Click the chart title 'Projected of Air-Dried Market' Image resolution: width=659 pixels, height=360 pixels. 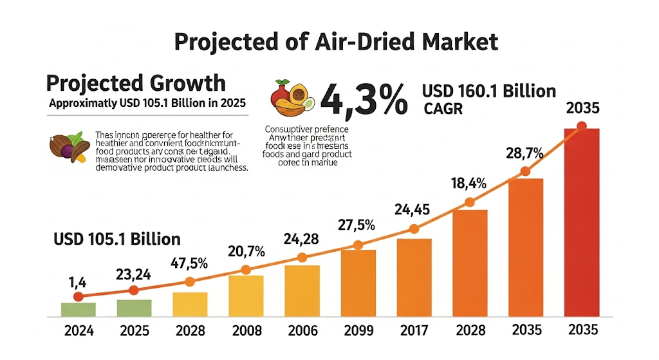[336, 42]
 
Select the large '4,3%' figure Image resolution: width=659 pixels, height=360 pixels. [364, 99]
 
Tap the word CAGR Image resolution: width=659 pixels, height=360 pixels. [443, 109]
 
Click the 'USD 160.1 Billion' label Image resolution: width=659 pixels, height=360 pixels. [489, 91]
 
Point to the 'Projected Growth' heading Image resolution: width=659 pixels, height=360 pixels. [136, 83]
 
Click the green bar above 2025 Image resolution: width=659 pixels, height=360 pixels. [134, 308]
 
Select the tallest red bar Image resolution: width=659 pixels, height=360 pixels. [581, 222]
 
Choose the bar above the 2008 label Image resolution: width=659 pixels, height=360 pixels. [246, 296]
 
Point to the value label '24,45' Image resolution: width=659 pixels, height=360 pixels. [413, 209]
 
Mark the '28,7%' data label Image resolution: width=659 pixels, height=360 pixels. [524, 153]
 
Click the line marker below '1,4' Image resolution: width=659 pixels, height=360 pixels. [79, 297]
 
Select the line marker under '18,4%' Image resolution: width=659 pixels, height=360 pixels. [469, 203]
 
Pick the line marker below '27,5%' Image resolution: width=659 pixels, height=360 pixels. [357, 245]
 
